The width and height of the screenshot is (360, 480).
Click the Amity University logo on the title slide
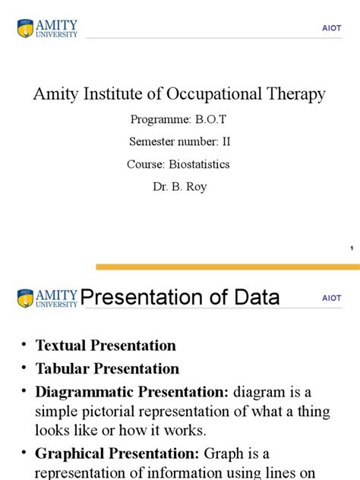tap(47, 29)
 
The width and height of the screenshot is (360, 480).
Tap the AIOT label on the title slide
tap(331, 29)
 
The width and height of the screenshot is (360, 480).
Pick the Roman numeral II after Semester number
tap(224, 141)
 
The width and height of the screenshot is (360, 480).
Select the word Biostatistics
tap(199, 163)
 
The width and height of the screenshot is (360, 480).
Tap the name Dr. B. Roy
tap(180, 185)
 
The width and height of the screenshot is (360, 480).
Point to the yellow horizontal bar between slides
tap(227, 267)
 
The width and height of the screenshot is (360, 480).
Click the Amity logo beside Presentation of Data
tap(47, 297)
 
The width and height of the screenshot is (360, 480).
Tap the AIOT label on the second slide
tap(331, 298)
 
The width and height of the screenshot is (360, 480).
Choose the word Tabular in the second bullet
tap(62, 369)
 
